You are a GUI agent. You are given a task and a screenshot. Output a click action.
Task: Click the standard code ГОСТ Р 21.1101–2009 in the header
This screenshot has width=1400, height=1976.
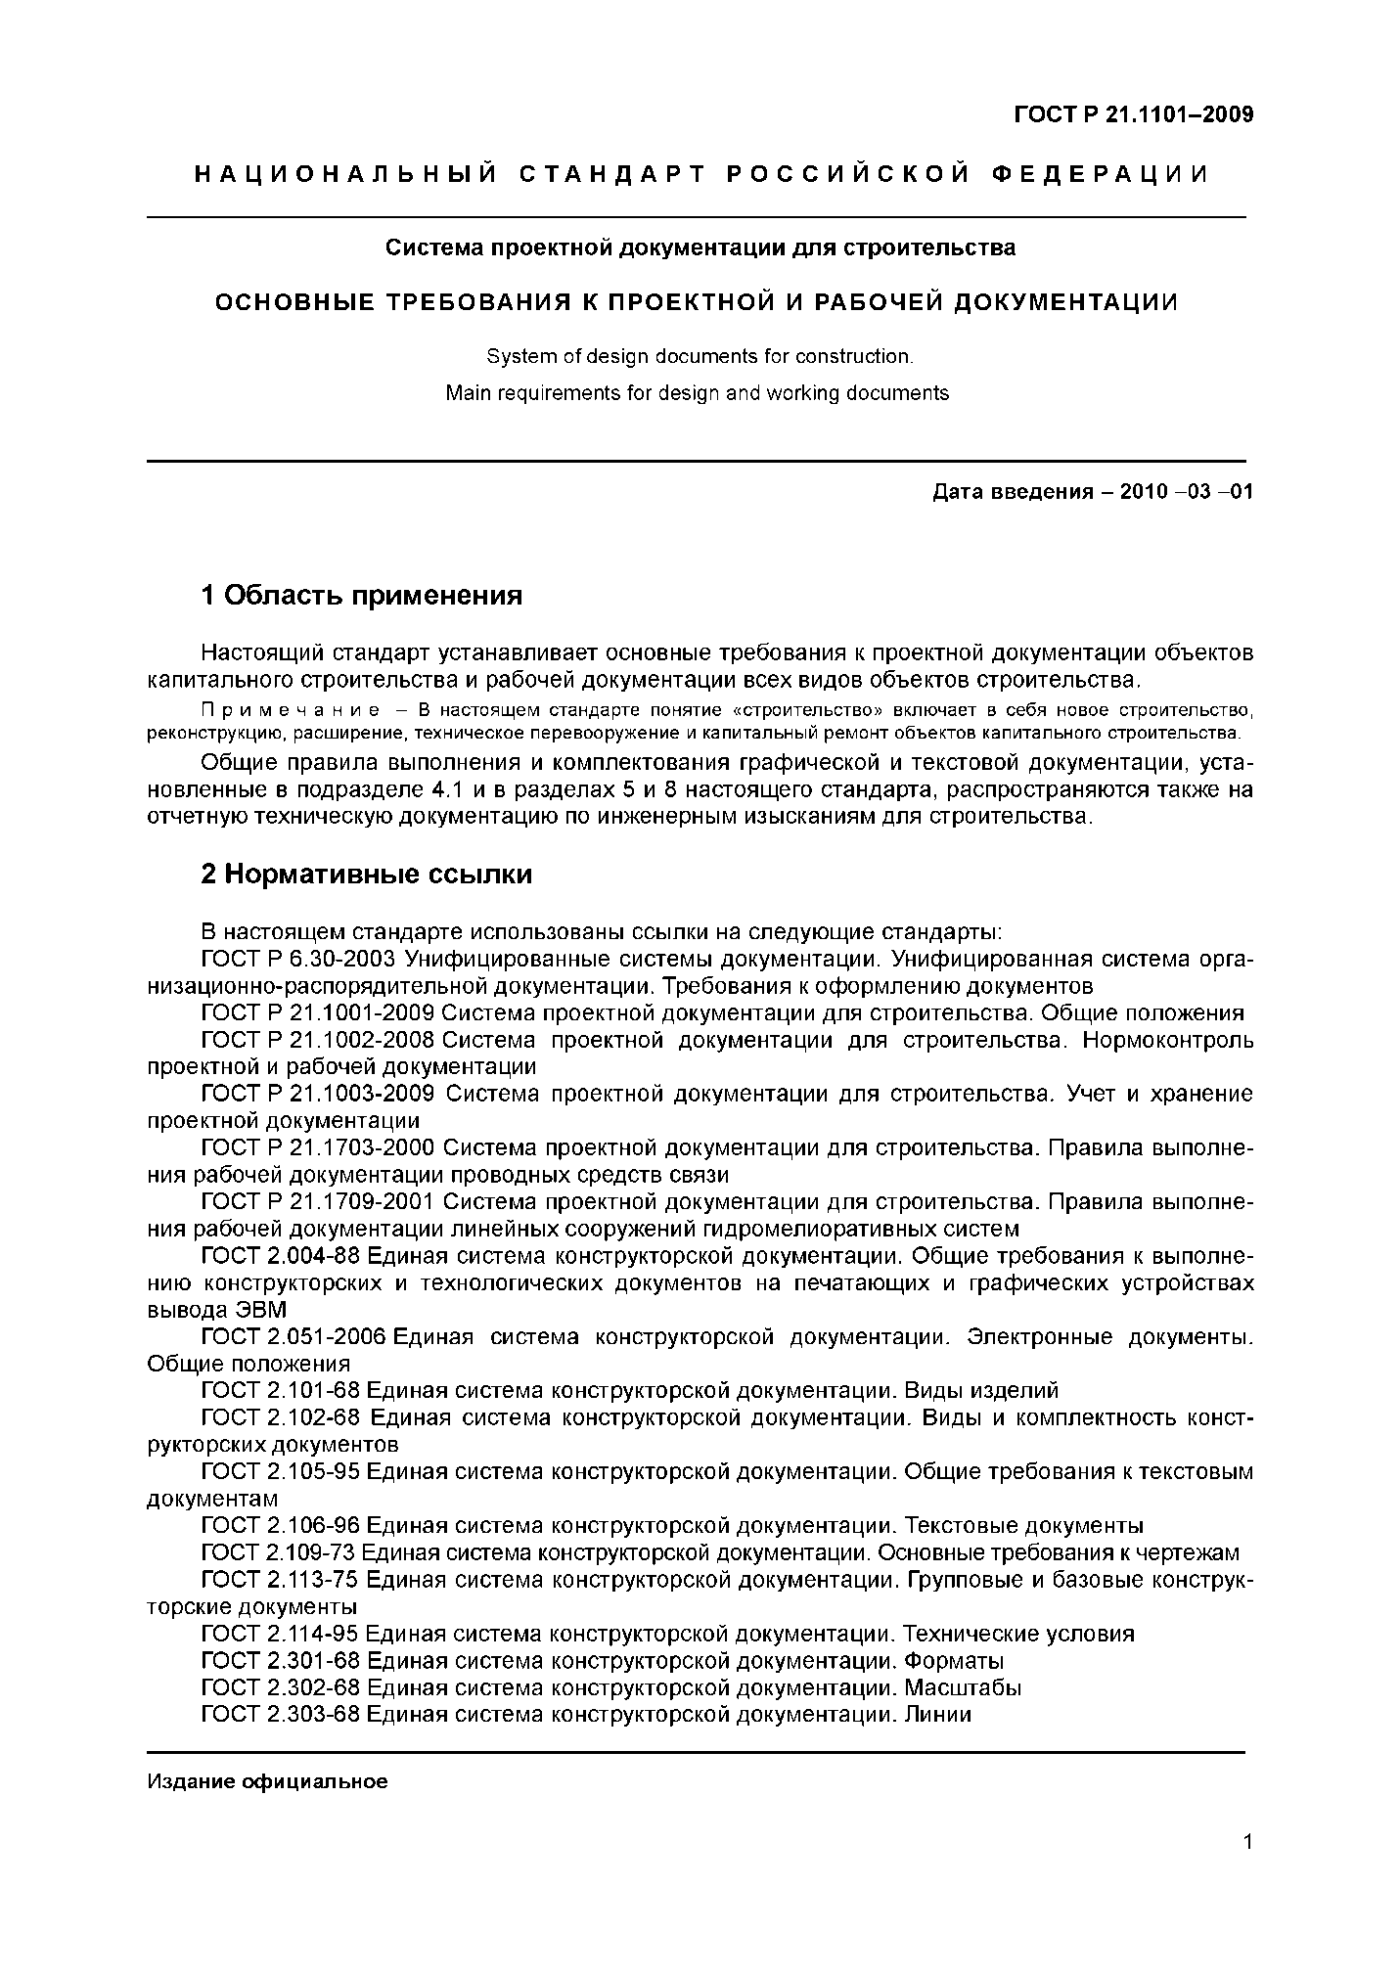(1133, 115)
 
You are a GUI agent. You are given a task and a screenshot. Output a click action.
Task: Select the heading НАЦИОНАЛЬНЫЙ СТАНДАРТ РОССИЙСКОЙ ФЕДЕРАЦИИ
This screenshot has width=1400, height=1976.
(700, 174)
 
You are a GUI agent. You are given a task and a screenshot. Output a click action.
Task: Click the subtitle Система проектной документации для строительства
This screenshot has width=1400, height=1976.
(700, 247)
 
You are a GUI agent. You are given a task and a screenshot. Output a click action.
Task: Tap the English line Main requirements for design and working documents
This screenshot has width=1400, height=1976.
(697, 393)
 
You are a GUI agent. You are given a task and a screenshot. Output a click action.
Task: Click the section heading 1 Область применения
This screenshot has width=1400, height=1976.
(361, 595)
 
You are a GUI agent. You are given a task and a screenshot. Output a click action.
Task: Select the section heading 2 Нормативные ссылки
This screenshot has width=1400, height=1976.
(366, 874)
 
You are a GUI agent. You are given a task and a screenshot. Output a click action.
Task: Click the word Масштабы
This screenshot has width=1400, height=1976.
(963, 1687)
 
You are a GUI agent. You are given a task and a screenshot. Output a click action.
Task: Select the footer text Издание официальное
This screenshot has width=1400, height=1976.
(267, 1781)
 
